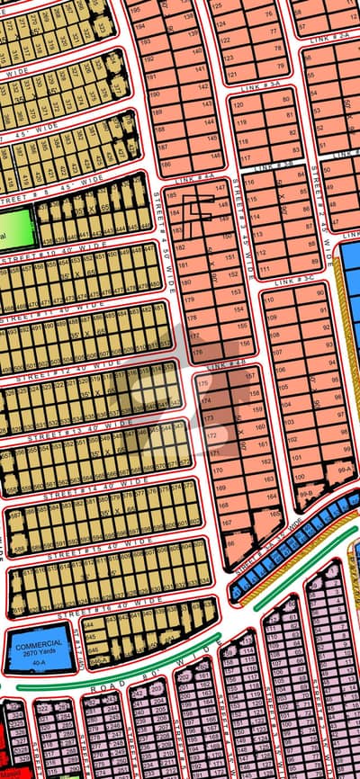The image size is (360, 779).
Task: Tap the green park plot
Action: point(15,228)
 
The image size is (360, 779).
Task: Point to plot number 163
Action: point(271,481)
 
